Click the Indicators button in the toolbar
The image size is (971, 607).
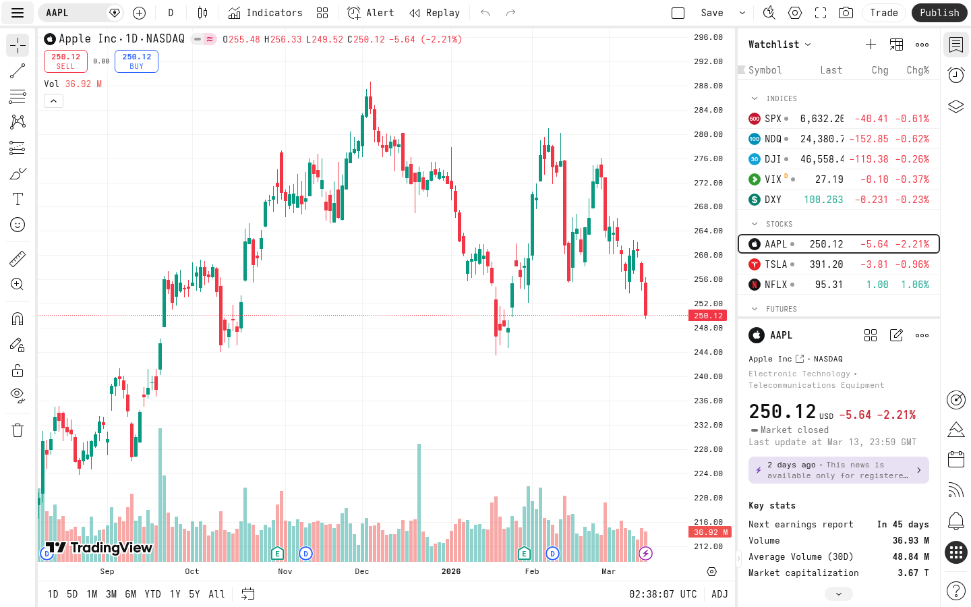(265, 13)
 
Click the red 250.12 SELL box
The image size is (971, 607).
(65, 61)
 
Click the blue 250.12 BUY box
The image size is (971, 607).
(136, 61)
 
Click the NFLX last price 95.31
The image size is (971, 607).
(829, 285)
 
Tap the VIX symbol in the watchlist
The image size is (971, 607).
(773, 179)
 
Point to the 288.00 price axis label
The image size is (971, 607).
(708, 86)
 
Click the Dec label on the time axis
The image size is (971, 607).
(362, 571)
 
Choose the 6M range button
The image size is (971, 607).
(131, 594)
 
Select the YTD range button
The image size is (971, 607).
(153, 594)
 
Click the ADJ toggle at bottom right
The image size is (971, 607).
(719, 594)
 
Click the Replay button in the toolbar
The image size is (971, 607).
(435, 13)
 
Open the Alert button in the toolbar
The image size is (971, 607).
(371, 13)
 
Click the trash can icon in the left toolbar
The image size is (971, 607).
(18, 430)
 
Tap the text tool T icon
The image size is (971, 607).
(18, 199)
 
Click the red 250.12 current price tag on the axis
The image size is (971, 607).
(707, 316)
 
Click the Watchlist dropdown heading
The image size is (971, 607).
(779, 45)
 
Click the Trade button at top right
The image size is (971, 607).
(883, 13)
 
